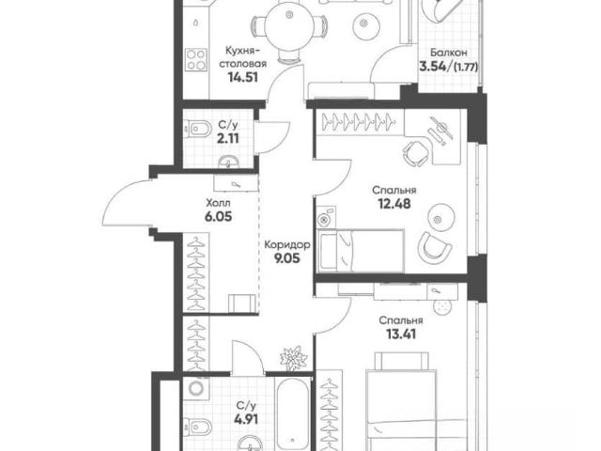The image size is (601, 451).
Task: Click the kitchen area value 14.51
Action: (x=242, y=77)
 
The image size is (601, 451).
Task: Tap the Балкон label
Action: (x=448, y=53)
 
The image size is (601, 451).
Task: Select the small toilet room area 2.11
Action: (x=228, y=138)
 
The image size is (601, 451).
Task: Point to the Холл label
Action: (x=218, y=203)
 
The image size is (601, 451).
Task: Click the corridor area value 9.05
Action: (x=286, y=258)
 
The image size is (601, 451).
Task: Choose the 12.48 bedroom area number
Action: (x=394, y=204)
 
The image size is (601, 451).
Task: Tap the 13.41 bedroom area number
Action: (x=401, y=334)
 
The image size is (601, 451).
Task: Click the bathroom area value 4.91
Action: (x=246, y=419)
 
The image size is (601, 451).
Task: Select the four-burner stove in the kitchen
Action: (x=196, y=60)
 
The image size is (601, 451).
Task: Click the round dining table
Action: (x=290, y=28)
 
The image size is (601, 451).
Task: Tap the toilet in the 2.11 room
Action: (x=196, y=129)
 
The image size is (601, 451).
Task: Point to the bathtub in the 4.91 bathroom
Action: (x=292, y=415)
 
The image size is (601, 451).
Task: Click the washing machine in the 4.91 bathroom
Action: (x=196, y=388)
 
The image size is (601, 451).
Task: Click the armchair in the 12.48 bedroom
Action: (x=435, y=246)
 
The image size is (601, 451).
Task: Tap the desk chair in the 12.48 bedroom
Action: (x=416, y=152)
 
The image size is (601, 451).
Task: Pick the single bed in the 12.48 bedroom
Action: (x=361, y=251)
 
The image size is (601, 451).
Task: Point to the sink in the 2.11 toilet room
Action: (x=229, y=163)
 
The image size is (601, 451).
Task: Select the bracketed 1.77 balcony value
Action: (x=466, y=68)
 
